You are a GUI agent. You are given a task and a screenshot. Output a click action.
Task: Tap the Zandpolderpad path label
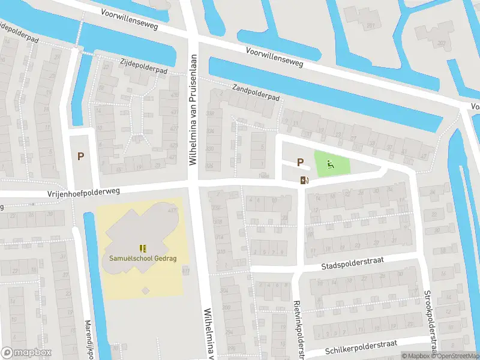[x=256, y=92]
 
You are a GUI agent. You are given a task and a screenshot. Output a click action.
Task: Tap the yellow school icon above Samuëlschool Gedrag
[x=142, y=248]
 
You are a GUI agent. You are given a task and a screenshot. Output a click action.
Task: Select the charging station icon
[x=304, y=179]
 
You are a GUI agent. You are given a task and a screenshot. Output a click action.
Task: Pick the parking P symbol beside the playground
[x=300, y=162]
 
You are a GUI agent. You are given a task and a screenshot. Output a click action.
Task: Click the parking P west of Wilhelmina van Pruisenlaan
[x=80, y=156]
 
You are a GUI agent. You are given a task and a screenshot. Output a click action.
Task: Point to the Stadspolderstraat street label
[x=352, y=262]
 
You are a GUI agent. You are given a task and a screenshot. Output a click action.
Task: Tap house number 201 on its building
[x=371, y=26]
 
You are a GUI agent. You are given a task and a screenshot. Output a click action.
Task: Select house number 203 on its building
[x=442, y=43]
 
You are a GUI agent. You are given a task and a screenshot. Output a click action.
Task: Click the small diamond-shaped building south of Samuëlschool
[x=145, y=291]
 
